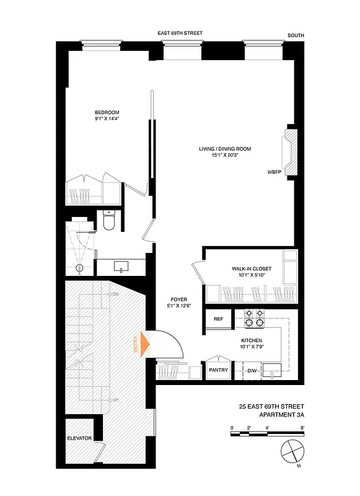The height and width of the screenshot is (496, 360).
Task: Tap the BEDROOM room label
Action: click(x=107, y=112)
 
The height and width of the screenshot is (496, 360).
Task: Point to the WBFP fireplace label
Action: click(x=274, y=171)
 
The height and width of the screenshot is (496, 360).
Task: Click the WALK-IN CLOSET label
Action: click(x=248, y=268)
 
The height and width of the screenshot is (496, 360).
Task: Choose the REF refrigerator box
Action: click(x=218, y=319)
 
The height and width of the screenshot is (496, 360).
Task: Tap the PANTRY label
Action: click(x=218, y=371)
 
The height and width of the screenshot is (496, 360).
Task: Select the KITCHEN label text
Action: click(x=252, y=342)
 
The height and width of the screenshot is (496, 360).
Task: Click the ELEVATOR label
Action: click(x=79, y=438)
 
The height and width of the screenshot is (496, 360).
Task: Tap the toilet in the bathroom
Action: click(x=109, y=221)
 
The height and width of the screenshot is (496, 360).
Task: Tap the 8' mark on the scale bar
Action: click(x=302, y=428)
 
